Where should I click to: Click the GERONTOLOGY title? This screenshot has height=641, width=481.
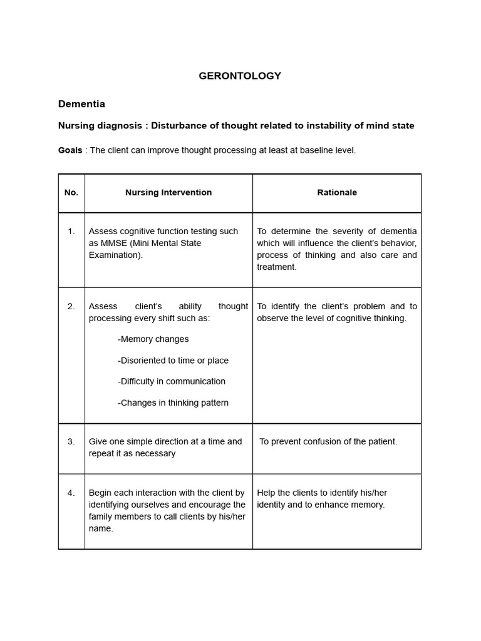click(240, 76)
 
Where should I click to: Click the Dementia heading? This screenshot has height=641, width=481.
click(81, 104)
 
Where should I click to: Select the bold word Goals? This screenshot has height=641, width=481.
click(70, 150)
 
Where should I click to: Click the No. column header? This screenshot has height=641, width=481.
click(71, 193)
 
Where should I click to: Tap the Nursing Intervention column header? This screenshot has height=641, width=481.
click(168, 193)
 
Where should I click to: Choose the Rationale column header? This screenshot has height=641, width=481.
click(337, 193)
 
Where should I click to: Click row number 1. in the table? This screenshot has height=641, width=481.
click(71, 232)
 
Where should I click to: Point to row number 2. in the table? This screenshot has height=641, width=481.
click(71, 306)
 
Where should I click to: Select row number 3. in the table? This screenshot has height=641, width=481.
click(71, 441)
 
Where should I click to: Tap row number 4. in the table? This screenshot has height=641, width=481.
click(71, 493)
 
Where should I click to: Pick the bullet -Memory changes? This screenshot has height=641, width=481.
click(153, 339)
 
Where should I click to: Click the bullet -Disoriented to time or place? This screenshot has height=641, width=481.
click(173, 361)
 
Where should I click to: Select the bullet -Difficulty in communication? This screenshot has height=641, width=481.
click(171, 381)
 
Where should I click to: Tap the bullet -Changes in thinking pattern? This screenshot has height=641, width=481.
click(173, 403)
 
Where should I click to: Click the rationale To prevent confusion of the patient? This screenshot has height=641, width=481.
click(328, 441)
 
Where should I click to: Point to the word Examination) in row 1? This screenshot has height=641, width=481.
click(115, 255)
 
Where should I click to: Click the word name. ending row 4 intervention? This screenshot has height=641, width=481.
click(101, 528)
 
